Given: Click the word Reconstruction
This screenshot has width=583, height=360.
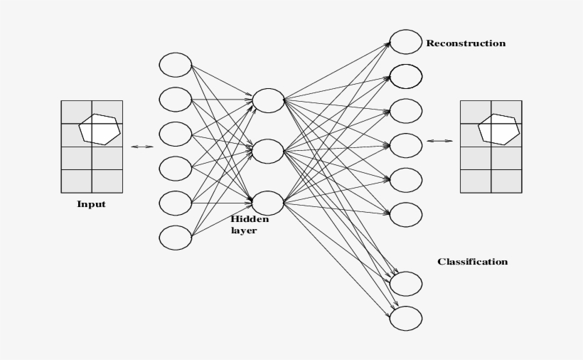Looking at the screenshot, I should [466, 43].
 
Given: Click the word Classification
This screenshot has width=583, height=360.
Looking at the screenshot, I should [472, 262].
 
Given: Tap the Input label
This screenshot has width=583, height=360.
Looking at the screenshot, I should [91, 204].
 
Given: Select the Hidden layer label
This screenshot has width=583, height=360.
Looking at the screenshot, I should [249, 225].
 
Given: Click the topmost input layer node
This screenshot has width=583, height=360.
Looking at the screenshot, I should [176, 65].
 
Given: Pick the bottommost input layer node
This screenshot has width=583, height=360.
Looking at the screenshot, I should [176, 238].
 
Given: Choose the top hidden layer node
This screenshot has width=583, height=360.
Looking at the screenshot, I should [268, 100].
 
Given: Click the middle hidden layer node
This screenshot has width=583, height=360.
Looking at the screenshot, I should [268, 151].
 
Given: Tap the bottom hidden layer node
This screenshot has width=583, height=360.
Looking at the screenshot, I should [268, 203].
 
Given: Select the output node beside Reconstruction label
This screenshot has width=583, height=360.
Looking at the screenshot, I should [406, 42].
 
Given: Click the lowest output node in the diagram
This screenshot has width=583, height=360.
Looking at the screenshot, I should [406, 318].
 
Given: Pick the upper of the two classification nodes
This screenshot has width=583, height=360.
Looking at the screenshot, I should [406, 284].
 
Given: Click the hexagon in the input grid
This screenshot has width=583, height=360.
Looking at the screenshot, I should [99, 129].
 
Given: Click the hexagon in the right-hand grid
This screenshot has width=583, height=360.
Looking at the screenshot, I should [498, 129].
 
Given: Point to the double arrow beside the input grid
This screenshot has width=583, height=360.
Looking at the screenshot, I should [142, 147].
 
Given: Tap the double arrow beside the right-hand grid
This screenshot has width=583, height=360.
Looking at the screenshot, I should [439, 141].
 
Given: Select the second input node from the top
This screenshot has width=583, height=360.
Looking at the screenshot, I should [176, 100].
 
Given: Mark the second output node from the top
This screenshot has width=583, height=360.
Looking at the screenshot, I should [406, 76].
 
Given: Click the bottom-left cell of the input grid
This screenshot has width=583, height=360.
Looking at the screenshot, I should [76, 181].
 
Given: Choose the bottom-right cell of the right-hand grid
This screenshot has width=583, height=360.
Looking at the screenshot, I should [506, 181].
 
